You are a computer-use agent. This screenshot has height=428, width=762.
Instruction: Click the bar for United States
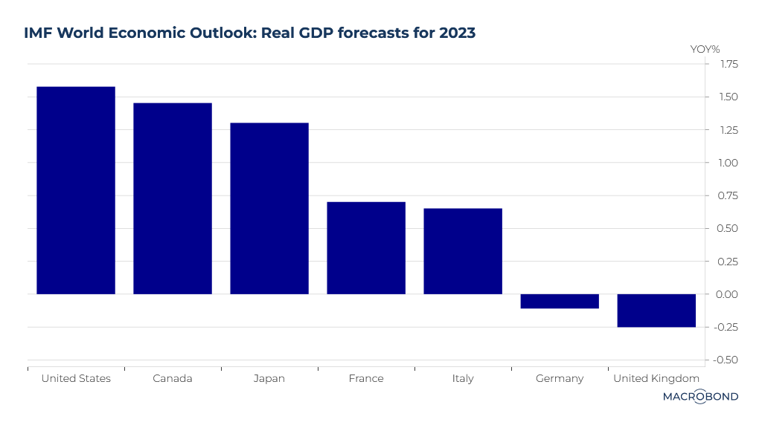pos(76,190)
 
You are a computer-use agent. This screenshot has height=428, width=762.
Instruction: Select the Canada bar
pos(173,198)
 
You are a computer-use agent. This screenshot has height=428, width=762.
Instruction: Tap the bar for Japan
pos(269,208)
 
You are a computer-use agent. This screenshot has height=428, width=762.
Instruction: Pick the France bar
pos(366,247)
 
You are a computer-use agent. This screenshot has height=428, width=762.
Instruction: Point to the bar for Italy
pos(463,251)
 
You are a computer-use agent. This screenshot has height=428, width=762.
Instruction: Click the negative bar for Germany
pos(560,301)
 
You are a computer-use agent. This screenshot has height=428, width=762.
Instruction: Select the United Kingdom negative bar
pos(656,311)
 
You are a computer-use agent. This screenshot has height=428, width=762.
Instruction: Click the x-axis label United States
pos(76,378)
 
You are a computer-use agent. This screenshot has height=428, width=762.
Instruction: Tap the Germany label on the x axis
pos(560,378)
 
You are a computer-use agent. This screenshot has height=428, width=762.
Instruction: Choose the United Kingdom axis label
pos(656,378)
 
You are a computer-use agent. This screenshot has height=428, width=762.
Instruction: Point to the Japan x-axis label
pos(269,378)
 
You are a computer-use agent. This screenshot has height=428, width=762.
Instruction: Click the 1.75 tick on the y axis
pos(729,65)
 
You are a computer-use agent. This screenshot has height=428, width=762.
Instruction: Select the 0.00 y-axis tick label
pos(729,294)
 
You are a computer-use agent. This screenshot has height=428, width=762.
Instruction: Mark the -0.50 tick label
pos(726,360)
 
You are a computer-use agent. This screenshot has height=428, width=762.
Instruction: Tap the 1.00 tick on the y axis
pos(729,163)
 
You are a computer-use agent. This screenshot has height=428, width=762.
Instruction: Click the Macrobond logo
pos(700,397)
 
